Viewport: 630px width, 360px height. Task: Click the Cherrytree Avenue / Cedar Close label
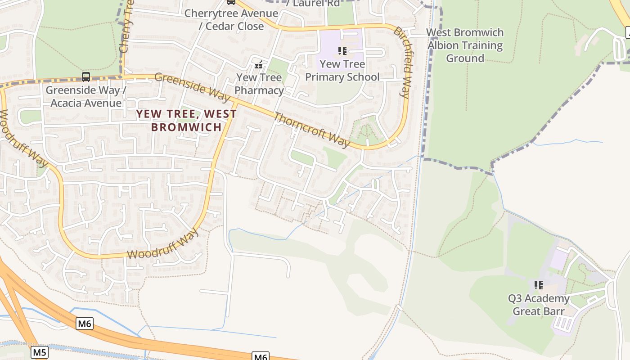tap(231, 20)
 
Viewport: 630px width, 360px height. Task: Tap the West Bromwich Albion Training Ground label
tap(465, 45)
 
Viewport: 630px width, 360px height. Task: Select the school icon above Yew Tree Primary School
tap(342, 51)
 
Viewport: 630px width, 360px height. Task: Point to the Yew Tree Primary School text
tap(342, 71)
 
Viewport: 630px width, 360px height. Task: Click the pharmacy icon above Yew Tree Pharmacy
tap(259, 65)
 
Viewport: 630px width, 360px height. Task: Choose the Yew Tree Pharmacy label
tap(259, 84)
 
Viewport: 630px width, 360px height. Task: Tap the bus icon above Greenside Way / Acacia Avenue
tap(85, 77)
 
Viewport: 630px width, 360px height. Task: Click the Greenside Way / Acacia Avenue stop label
tap(85, 96)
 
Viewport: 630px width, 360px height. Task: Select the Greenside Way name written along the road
tap(193, 84)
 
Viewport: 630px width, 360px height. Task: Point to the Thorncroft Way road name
tap(311, 130)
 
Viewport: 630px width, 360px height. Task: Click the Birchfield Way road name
tap(402, 62)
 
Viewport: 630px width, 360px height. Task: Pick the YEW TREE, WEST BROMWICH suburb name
tap(186, 120)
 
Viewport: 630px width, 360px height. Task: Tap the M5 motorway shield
tap(40, 352)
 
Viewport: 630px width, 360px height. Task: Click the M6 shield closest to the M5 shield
tap(85, 324)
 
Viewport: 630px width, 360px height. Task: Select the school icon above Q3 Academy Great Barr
tap(538, 285)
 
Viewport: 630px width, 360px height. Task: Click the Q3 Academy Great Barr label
tap(538, 305)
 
